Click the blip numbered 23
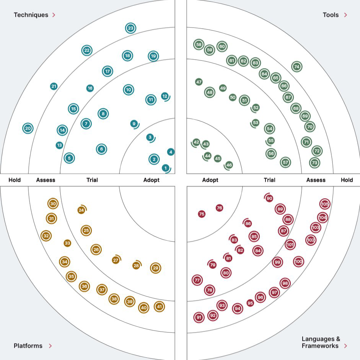130,28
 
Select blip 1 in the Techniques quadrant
165,168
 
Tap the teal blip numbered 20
28,129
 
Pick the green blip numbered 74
296,67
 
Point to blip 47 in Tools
199,82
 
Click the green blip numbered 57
285,162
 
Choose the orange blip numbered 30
53,204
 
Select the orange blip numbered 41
159,306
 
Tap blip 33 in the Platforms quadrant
67,243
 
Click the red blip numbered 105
325,204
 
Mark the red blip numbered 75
202,214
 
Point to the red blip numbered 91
199,317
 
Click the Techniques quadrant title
31,15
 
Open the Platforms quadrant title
28,346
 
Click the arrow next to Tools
345,15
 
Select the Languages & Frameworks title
321,342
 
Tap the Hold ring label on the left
15,180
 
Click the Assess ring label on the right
316,180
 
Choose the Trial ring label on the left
92,180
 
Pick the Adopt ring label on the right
210,180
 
